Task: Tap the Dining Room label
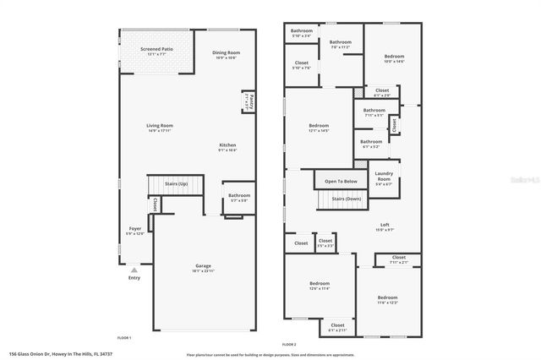[x=226, y=52]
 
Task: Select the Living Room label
[x=159, y=126]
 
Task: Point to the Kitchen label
[x=227, y=145]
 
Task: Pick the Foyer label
[x=134, y=228]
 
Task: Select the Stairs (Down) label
[x=346, y=199]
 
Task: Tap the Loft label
[x=384, y=226]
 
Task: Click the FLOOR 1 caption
[x=124, y=337]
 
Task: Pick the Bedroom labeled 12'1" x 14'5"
[x=318, y=127]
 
